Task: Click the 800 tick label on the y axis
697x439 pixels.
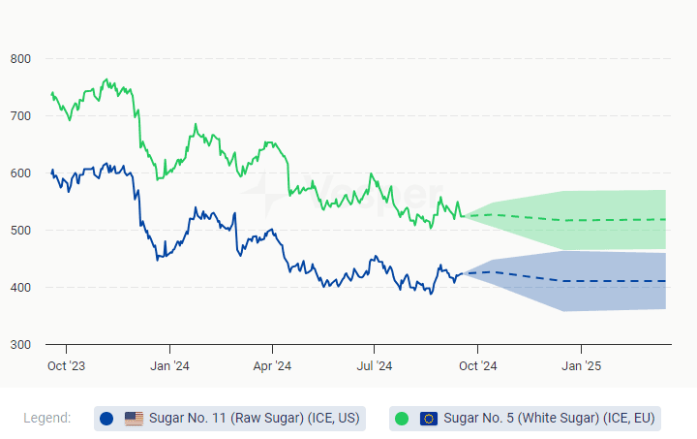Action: pyautogui.click(x=20, y=59)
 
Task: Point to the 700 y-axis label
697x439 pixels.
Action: pyautogui.click(x=20, y=116)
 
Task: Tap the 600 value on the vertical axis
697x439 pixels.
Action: pyautogui.click(x=20, y=173)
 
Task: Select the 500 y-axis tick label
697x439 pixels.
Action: pyautogui.click(x=20, y=231)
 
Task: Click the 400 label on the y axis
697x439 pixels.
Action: pyautogui.click(x=20, y=288)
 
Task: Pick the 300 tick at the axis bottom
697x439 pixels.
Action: pyautogui.click(x=20, y=345)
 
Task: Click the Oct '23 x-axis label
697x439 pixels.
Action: pyautogui.click(x=67, y=366)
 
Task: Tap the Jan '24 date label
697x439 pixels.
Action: pyautogui.click(x=169, y=366)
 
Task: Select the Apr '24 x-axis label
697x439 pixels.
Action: pyautogui.click(x=272, y=366)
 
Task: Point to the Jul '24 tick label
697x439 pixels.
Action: pyautogui.click(x=375, y=366)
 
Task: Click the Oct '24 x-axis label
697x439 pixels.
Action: pyautogui.click(x=477, y=366)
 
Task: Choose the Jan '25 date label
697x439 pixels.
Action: pyautogui.click(x=581, y=366)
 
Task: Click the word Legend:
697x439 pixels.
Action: pyautogui.click(x=47, y=418)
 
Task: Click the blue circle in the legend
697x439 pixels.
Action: pyautogui.click(x=106, y=419)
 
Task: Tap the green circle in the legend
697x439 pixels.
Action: pyautogui.click(x=402, y=419)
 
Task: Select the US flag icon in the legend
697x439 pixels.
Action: pyautogui.click(x=134, y=419)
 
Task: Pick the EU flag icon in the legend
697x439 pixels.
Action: pyautogui.click(x=429, y=419)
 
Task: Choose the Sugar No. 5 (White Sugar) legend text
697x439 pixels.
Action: pyautogui.click(x=549, y=419)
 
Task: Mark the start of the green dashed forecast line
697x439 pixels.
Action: pyautogui.click(x=466, y=216)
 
